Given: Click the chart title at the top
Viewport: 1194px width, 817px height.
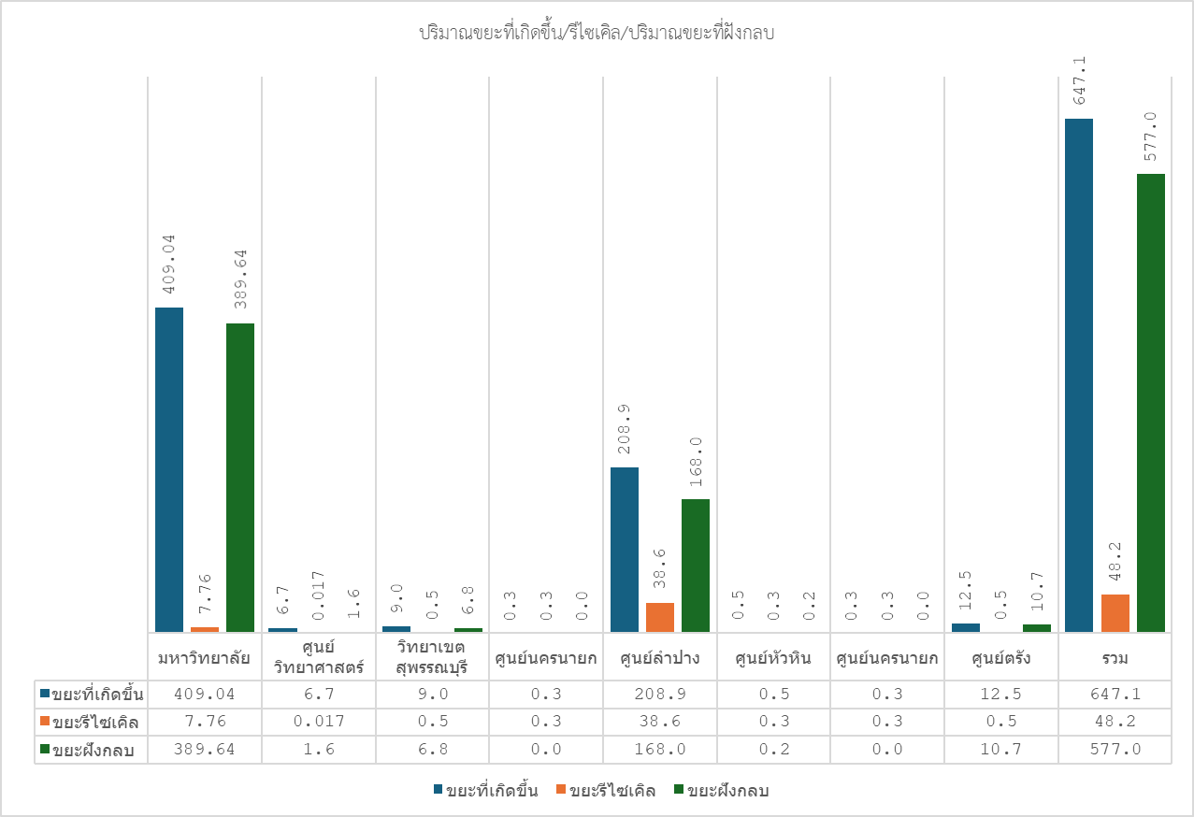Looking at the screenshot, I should pos(597,34).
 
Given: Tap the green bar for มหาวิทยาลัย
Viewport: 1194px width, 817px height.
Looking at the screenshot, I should pos(240,478).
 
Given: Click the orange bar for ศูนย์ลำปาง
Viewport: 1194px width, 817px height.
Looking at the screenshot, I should pos(660,617).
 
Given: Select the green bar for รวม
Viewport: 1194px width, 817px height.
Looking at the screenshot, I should pos(1151,403).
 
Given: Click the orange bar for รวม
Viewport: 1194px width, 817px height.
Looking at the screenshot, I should pos(1115,613).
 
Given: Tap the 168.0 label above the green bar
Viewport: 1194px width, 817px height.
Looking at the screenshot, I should pos(696,463).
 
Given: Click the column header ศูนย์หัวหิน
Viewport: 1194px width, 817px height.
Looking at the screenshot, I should pos(773,658).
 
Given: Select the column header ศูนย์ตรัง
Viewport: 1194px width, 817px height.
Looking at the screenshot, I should pos(1000,658).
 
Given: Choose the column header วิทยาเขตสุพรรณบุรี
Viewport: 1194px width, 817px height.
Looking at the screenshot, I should pos(432,658).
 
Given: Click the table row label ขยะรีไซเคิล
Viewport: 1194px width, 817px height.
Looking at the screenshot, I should pos(97,722).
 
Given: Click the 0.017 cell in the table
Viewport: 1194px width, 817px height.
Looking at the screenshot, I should pos(318,722).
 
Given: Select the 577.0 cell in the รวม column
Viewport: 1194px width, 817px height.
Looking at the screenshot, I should pos(1115,750).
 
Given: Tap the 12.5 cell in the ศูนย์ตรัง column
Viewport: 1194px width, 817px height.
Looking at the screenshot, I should pos(1000,694).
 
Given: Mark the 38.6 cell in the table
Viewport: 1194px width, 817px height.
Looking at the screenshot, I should pos(659,722).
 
